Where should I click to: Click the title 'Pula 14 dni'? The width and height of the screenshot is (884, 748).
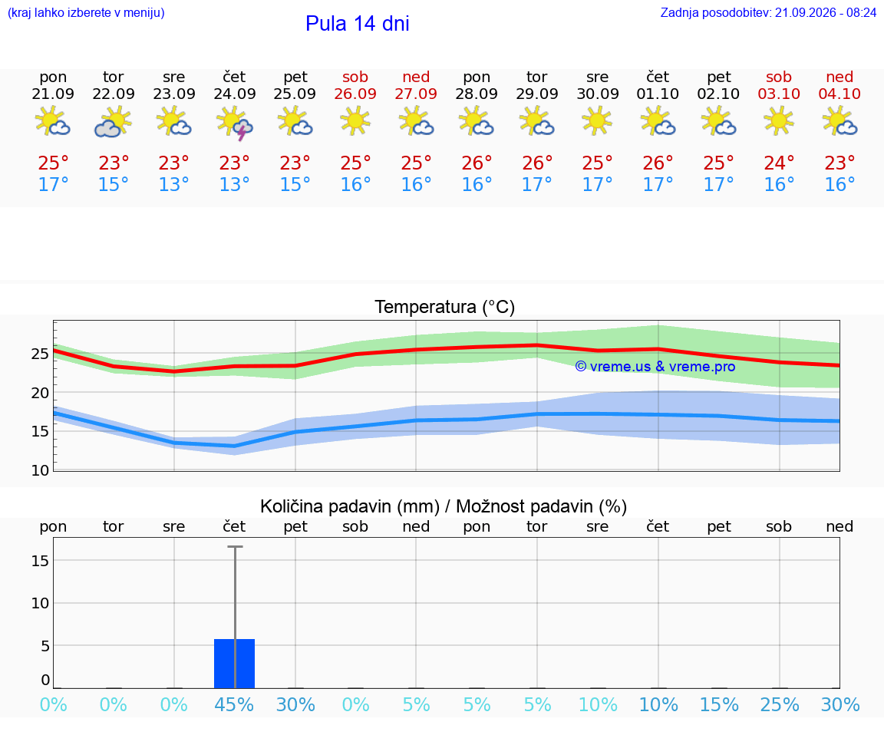click(x=358, y=24)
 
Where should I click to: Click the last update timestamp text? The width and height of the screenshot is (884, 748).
click(x=768, y=13)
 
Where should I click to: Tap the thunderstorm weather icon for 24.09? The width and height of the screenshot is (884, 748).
click(x=235, y=123)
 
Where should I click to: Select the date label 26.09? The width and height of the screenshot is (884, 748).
click(x=355, y=94)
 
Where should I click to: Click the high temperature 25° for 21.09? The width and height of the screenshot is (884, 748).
click(x=53, y=163)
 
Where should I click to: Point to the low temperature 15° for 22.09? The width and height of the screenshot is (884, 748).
click(x=114, y=184)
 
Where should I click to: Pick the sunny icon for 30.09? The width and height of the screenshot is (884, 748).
click(x=597, y=120)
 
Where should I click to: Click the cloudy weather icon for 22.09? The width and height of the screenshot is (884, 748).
click(x=114, y=123)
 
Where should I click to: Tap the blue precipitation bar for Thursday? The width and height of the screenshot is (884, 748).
click(x=235, y=664)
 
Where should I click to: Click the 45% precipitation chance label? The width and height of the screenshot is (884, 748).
click(x=235, y=704)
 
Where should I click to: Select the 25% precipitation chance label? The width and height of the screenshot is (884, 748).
click(x=780, y=704)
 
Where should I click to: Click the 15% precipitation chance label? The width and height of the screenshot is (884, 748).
click(x=719, y=704)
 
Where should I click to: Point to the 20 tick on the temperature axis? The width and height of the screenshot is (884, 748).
click(x=40, y=393)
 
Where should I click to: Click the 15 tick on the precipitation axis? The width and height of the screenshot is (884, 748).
click(x=40, y=561)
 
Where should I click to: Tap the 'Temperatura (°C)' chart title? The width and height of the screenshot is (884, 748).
click(x=445, y=307)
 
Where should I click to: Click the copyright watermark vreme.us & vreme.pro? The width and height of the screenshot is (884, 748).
click(x=655, y=367)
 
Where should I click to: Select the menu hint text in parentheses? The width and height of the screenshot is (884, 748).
click(x=86, y=13)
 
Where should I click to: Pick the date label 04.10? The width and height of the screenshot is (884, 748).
click(x=839, y=94)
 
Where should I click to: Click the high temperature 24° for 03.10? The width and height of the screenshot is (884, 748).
click(x=779, y=163)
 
